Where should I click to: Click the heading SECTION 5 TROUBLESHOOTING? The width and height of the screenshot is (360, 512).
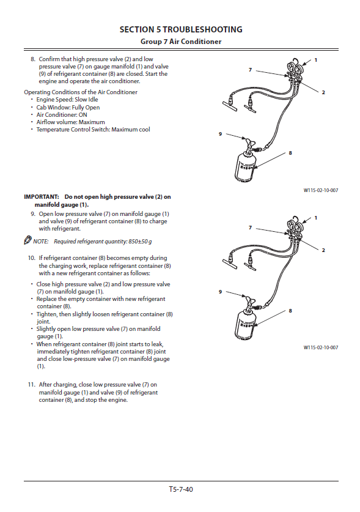point(181,29)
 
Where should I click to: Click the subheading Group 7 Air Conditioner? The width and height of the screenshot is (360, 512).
point(181,42)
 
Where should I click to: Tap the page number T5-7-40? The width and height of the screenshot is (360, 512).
point(181,489)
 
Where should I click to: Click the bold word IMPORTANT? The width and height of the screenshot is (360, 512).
point(42,197)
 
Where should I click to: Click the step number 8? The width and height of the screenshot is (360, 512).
point(32,59)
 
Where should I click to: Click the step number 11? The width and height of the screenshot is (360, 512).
point(31,385)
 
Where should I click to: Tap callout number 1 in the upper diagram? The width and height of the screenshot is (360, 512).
point(315,60)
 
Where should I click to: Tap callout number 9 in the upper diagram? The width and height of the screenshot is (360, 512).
point(220,134)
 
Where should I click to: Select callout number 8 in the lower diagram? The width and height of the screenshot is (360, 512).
point(290,311)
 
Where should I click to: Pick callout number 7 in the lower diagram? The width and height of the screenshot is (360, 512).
point(251,228)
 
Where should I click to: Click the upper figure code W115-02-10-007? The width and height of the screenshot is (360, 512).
point(321,190)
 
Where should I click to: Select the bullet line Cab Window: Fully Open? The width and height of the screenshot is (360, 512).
point(68,108)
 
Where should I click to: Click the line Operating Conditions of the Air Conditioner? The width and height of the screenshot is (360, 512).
point(81,92)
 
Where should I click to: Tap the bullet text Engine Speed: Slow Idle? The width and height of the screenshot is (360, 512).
point(67,100)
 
